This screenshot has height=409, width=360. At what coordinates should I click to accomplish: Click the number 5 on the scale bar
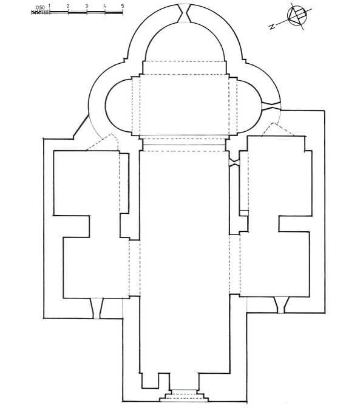[123, 6]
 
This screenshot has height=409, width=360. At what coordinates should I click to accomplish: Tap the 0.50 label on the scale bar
[41, 7]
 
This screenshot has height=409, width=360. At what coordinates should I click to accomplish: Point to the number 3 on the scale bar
[86, 6]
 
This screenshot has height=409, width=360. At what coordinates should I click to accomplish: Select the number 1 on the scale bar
[50, 5]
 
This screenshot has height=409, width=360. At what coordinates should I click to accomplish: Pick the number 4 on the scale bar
[104, 6]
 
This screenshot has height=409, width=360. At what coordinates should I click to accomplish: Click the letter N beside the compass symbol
[272, 26]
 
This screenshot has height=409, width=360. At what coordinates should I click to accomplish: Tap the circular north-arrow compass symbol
[297, 16]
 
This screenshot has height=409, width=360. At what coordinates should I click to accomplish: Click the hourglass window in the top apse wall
[184, 13]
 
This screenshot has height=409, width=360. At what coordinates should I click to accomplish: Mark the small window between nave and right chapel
[234, 162]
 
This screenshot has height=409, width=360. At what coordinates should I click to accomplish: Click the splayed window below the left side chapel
[97, 308]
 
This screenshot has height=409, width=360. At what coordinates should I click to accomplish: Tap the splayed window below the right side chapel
[281, 304]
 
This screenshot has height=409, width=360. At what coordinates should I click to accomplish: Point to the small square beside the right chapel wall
[244, 213]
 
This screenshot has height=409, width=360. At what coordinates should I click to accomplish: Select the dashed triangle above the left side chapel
[102, 142]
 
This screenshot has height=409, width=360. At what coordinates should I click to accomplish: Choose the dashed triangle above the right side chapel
[278, 129]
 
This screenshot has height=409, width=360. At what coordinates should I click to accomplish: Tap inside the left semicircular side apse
[119, 106]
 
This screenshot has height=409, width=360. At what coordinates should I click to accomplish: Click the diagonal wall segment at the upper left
[81, 126]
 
